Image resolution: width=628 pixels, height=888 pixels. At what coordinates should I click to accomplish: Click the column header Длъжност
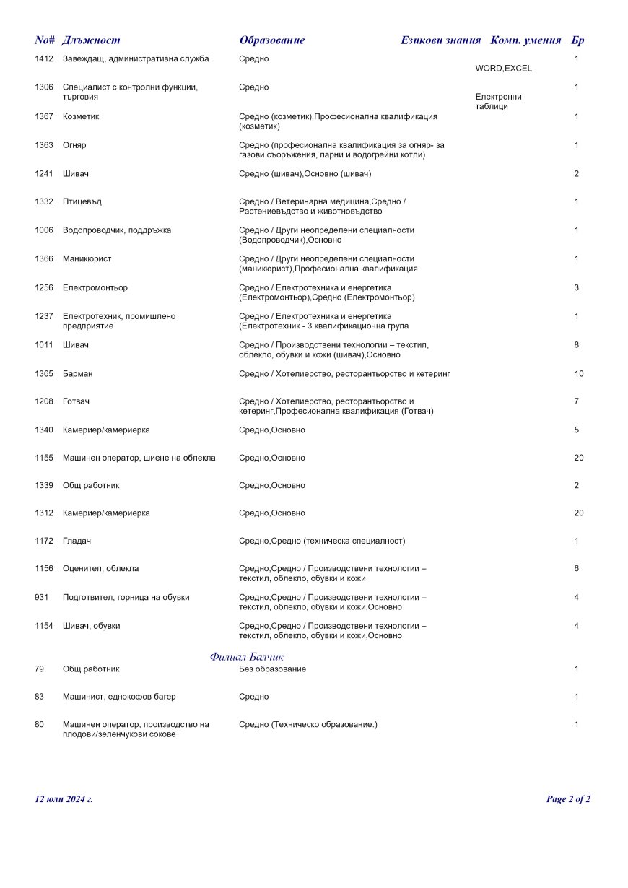click(92, 40)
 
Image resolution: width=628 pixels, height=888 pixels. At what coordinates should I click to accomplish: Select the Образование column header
click(272, 40)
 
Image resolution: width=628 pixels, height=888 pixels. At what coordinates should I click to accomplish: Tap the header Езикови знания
click(440, 40)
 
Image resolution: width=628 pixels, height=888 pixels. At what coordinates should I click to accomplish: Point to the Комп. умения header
click(525, 40)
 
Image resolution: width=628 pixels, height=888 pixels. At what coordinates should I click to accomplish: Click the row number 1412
click(44, 58)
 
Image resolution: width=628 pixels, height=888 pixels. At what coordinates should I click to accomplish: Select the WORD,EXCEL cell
click(503, 69)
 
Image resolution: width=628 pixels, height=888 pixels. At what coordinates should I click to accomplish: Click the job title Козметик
click(81, 116)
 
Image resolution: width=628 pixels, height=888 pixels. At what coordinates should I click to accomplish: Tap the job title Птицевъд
click(82, 201)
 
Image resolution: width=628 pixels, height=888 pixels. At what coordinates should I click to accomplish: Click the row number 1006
click(44, 230)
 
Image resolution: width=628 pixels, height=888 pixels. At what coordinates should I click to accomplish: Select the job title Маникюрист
click(87, 258)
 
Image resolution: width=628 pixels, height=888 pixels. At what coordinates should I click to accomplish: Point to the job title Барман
click(77, 374)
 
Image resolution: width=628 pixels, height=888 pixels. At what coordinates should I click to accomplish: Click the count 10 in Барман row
click(579, 374)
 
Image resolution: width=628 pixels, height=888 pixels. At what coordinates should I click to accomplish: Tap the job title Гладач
click(77, 541)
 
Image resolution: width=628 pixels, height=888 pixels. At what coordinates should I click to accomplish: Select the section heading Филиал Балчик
click(247, 657)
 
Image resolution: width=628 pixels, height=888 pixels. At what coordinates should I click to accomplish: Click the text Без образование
click(272, 669)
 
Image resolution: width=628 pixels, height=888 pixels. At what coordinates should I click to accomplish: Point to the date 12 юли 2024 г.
click(64, 799)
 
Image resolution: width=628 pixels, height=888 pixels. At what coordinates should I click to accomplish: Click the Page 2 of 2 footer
click(568, 799)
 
